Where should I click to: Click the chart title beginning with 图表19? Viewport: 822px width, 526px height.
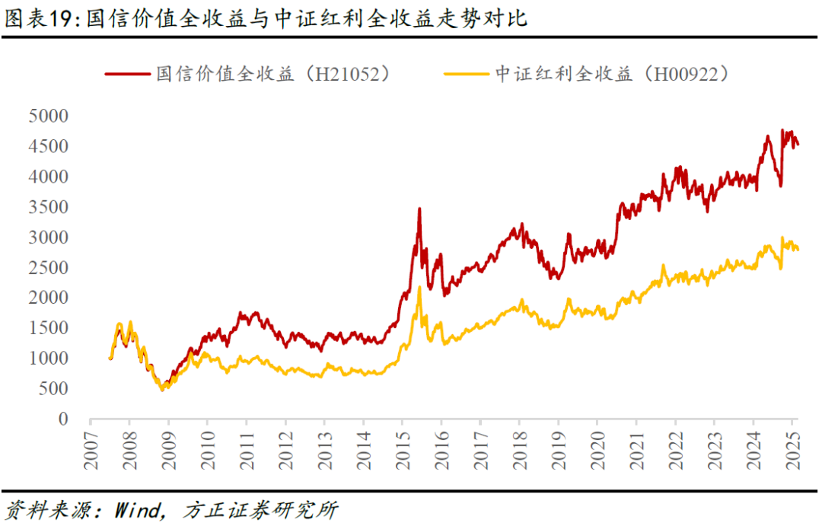coord(266,19)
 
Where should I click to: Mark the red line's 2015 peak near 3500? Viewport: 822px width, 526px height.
coord(419,209)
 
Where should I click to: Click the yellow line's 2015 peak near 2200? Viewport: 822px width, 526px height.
coord(419,288)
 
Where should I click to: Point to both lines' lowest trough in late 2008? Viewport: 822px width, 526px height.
coord(161,389)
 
